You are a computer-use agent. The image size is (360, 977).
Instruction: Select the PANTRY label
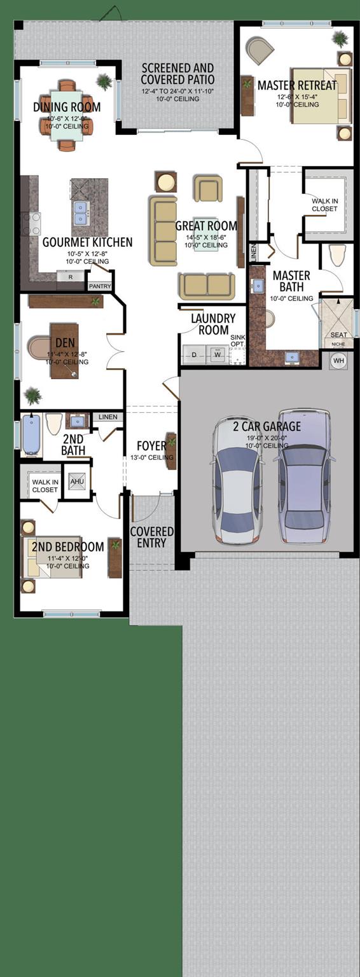(100, 286)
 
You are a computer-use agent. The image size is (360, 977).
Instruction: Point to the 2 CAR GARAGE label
(267, 426)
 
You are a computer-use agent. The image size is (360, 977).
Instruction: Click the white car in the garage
(237, 482)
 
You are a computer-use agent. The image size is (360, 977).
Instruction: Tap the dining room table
(67, 115)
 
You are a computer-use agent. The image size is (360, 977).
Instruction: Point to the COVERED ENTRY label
(152, 537)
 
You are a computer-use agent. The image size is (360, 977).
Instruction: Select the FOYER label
(151, 445)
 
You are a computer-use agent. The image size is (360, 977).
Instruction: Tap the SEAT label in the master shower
(338, 335)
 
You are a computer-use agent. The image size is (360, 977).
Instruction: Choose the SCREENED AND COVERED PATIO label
(177, 74)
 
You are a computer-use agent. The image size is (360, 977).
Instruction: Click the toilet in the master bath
(338, 256)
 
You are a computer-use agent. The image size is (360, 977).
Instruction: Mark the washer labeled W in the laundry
(217, 355)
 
